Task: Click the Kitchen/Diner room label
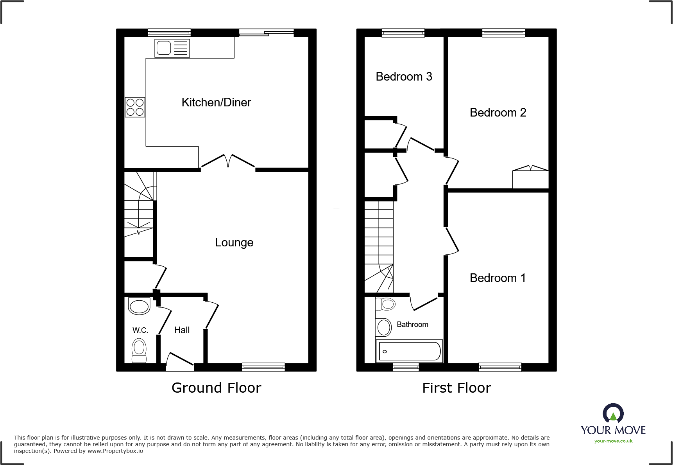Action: click(216, 102)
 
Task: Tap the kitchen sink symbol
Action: click(172, 48)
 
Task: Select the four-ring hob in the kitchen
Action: click(135, 107)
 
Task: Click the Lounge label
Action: click(234, 242)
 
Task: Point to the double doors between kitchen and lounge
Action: click(228, 162)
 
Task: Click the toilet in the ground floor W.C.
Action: click(139, 350)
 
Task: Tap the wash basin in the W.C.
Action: click(139, 306)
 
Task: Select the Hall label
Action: click(182, 330)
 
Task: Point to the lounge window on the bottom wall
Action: click(263, 367)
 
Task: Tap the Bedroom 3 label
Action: click(404, 77)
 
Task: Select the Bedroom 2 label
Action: click(498, 113)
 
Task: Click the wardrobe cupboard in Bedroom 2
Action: click(530, 179)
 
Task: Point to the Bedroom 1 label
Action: click(498, 278)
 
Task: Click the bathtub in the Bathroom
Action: click(409, 351)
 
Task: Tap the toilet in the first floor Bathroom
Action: click(386, 304)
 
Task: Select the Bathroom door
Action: click(424, 303)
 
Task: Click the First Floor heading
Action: click(456, 388)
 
